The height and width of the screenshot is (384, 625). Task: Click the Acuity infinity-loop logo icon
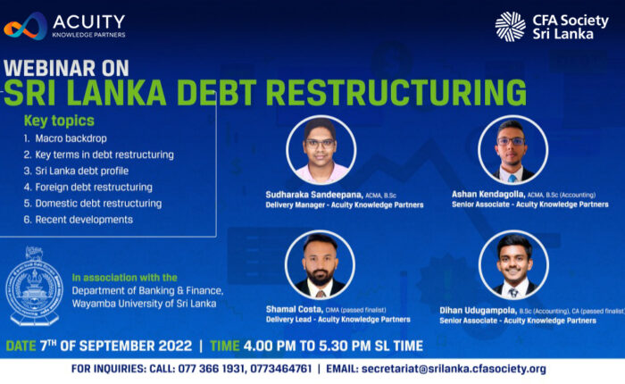26,26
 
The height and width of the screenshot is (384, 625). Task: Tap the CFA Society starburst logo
510,26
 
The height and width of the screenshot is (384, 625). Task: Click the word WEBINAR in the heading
50,68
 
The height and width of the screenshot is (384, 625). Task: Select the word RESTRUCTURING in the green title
396,93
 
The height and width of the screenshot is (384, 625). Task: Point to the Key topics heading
59,121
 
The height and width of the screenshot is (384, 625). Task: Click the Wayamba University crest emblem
34,286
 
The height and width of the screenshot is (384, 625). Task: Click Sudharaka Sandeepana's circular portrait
321,150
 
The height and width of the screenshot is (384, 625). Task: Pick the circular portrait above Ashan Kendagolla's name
512,150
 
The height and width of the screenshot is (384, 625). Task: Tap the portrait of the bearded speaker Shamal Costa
320,264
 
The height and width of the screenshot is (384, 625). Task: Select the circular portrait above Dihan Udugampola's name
513,264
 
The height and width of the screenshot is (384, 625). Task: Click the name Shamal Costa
294,309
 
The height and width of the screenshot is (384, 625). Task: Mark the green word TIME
225,346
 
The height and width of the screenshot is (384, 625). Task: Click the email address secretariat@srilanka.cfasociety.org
454,369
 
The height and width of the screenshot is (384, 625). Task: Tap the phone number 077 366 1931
211,369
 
